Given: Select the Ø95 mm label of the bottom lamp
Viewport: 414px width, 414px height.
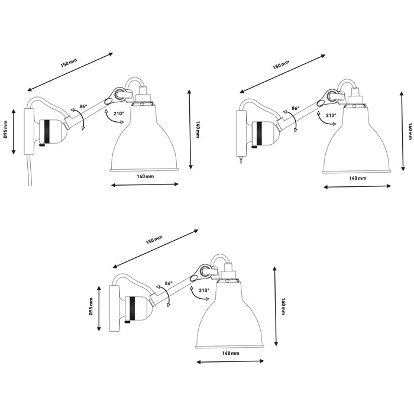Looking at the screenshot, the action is point(90,307).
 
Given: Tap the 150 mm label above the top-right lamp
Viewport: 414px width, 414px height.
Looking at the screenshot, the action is point(281,64).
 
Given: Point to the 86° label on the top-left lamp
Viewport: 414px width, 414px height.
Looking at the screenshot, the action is point(83,106).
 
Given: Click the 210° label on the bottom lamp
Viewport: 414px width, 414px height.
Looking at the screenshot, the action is point(204,290).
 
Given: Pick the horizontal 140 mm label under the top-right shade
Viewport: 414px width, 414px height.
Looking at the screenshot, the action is point(357,178).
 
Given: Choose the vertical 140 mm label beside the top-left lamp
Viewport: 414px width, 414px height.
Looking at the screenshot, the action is point(198,129).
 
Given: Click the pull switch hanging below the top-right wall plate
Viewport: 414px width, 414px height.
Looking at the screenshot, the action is point(241,160).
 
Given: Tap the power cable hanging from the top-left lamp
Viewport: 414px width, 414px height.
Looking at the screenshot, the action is point(30,170).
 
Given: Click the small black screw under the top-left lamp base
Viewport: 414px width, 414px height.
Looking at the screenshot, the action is point(41,144).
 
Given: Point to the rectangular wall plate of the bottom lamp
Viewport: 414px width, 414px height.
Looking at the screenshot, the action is point(114,309).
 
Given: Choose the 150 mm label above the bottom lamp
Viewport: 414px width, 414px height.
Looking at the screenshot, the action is point(154,240).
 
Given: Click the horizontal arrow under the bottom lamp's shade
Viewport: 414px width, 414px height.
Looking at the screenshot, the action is point(230,361).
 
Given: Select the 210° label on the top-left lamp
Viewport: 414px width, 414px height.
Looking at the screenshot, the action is point(119,114).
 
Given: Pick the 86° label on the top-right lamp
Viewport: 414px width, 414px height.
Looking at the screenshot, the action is point(296,108).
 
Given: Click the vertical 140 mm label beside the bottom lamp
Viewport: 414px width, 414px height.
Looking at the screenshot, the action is point(283,306).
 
